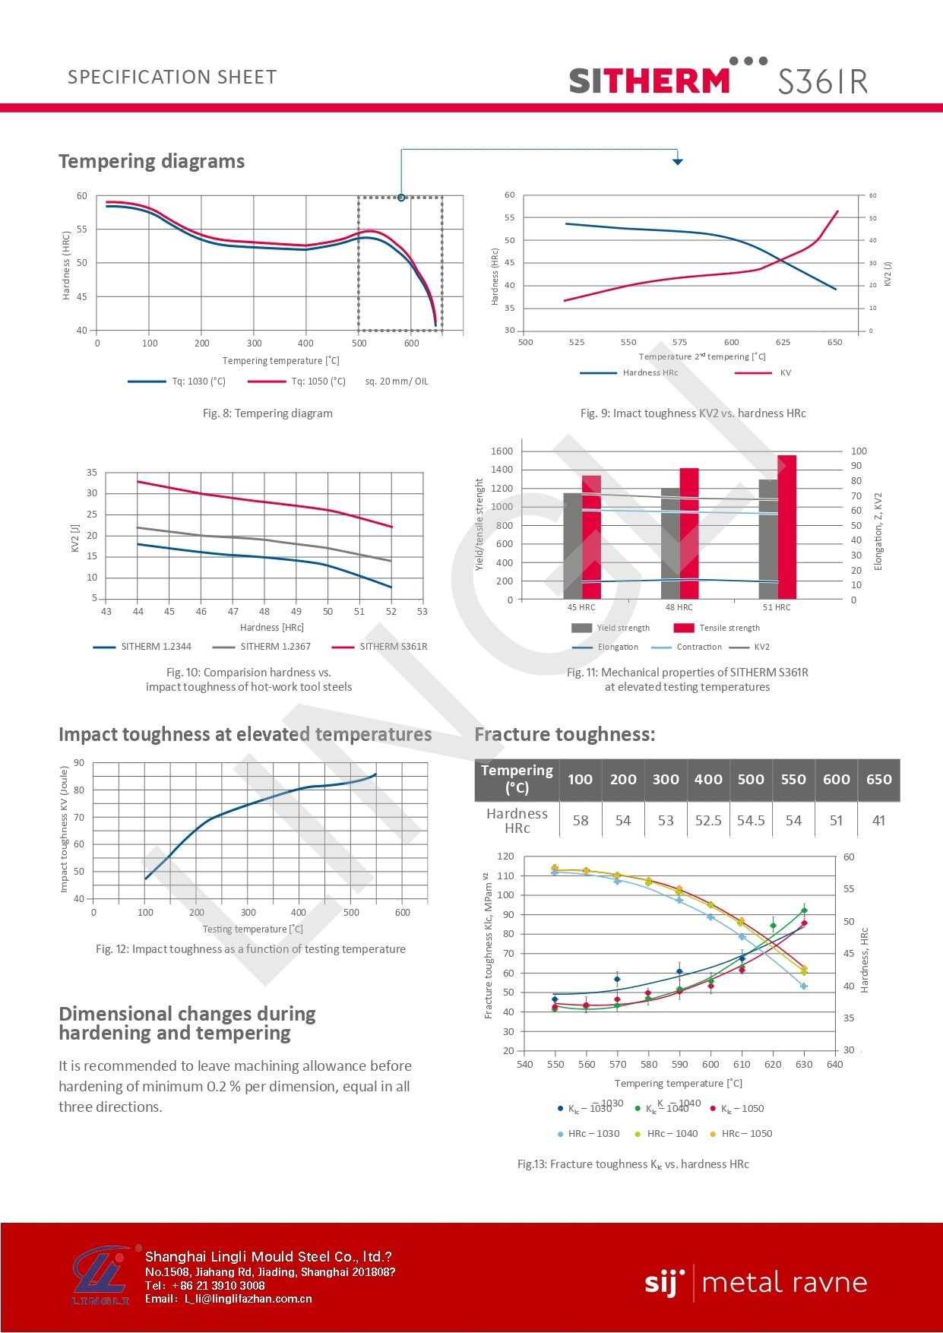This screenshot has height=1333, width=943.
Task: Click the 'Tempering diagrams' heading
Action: [151, 161]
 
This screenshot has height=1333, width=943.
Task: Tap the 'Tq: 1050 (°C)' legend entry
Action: [318, 382]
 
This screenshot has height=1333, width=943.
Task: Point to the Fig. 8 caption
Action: [267, 413]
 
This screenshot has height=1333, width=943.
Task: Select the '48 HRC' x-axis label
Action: [679, 607]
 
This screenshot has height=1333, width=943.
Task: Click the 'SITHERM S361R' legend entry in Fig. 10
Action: [393, 647]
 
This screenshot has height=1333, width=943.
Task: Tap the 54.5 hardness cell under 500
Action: [751, 821]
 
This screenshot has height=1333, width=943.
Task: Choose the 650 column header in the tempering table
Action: [878, 780]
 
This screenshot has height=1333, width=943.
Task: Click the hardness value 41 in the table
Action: [878, 821]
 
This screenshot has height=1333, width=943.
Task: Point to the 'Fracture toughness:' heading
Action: [565, 734]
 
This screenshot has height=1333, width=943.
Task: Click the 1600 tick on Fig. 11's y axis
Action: [502, 451]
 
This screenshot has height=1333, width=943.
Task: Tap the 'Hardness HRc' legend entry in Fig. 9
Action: [650, 373]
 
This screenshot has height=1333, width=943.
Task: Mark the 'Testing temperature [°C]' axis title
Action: [252, 929]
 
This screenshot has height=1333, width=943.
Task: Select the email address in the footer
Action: [248, 1299]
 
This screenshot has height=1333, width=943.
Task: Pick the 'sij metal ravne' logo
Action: [755, 1283]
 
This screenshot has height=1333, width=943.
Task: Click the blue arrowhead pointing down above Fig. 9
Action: [678, 161]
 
